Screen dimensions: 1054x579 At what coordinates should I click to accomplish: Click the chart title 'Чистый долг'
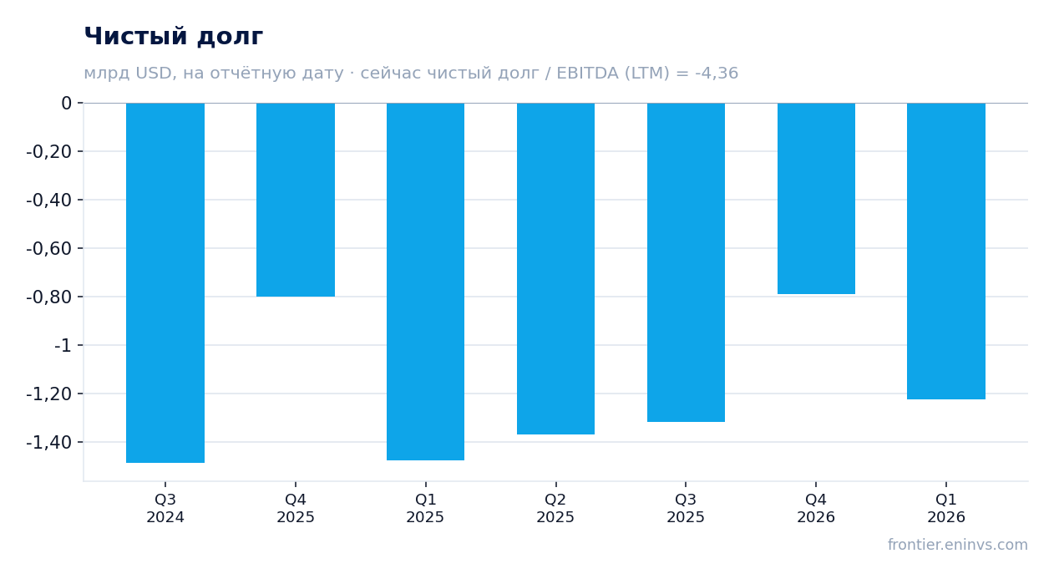173,36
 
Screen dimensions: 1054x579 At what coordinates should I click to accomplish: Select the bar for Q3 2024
165,282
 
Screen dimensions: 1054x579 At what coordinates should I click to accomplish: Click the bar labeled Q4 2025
296,200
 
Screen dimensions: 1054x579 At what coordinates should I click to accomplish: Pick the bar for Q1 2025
425,282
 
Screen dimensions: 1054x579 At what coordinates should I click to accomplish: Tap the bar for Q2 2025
555,268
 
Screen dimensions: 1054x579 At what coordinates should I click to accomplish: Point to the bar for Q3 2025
686,262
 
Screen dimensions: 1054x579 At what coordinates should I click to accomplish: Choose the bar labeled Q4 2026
816,199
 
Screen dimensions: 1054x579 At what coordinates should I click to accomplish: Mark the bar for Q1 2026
946,251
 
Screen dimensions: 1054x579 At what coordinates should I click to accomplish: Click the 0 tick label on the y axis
66,103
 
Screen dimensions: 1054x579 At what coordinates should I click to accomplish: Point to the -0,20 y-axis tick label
49,151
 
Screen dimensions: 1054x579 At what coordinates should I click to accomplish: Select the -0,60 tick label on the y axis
49,248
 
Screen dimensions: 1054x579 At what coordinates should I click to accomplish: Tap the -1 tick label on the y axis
63,346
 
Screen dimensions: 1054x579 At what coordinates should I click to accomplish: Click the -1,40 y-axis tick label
49,443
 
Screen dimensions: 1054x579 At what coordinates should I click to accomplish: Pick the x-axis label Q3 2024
165,508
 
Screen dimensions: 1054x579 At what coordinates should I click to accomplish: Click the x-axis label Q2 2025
555,508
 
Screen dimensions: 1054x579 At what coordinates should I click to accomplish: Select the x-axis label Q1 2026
946,508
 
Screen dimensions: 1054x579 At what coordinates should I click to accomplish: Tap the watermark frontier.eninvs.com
958,545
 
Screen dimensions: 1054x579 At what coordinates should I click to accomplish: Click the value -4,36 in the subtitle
717,73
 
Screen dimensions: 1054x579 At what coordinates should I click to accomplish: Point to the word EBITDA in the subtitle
588,73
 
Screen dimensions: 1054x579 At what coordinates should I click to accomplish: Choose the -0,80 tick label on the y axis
49,297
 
